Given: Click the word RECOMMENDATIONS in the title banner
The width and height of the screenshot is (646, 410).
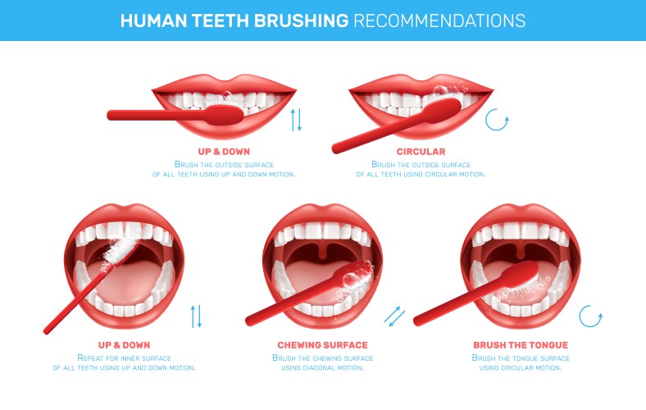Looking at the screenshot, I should [x=439, y=20].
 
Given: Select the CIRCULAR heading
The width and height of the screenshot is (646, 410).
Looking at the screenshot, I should [x=421, y=152].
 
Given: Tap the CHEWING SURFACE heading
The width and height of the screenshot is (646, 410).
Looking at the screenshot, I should [x=322, y=345].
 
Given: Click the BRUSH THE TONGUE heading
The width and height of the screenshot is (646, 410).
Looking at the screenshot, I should [x=521, y=345].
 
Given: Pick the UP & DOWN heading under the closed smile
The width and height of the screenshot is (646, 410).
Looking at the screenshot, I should [x=224, y=152].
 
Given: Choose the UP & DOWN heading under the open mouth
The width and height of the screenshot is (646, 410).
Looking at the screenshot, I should [x=124, y=345].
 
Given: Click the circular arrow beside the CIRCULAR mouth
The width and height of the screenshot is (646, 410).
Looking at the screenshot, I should [x=497, y=121].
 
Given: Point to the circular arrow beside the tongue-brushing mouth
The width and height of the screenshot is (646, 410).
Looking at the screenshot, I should [x=590, y=316].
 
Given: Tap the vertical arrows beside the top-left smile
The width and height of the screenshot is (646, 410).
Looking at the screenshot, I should [x=297, y=119].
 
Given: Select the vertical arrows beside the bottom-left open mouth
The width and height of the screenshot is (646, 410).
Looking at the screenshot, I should [x=196, y=316].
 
